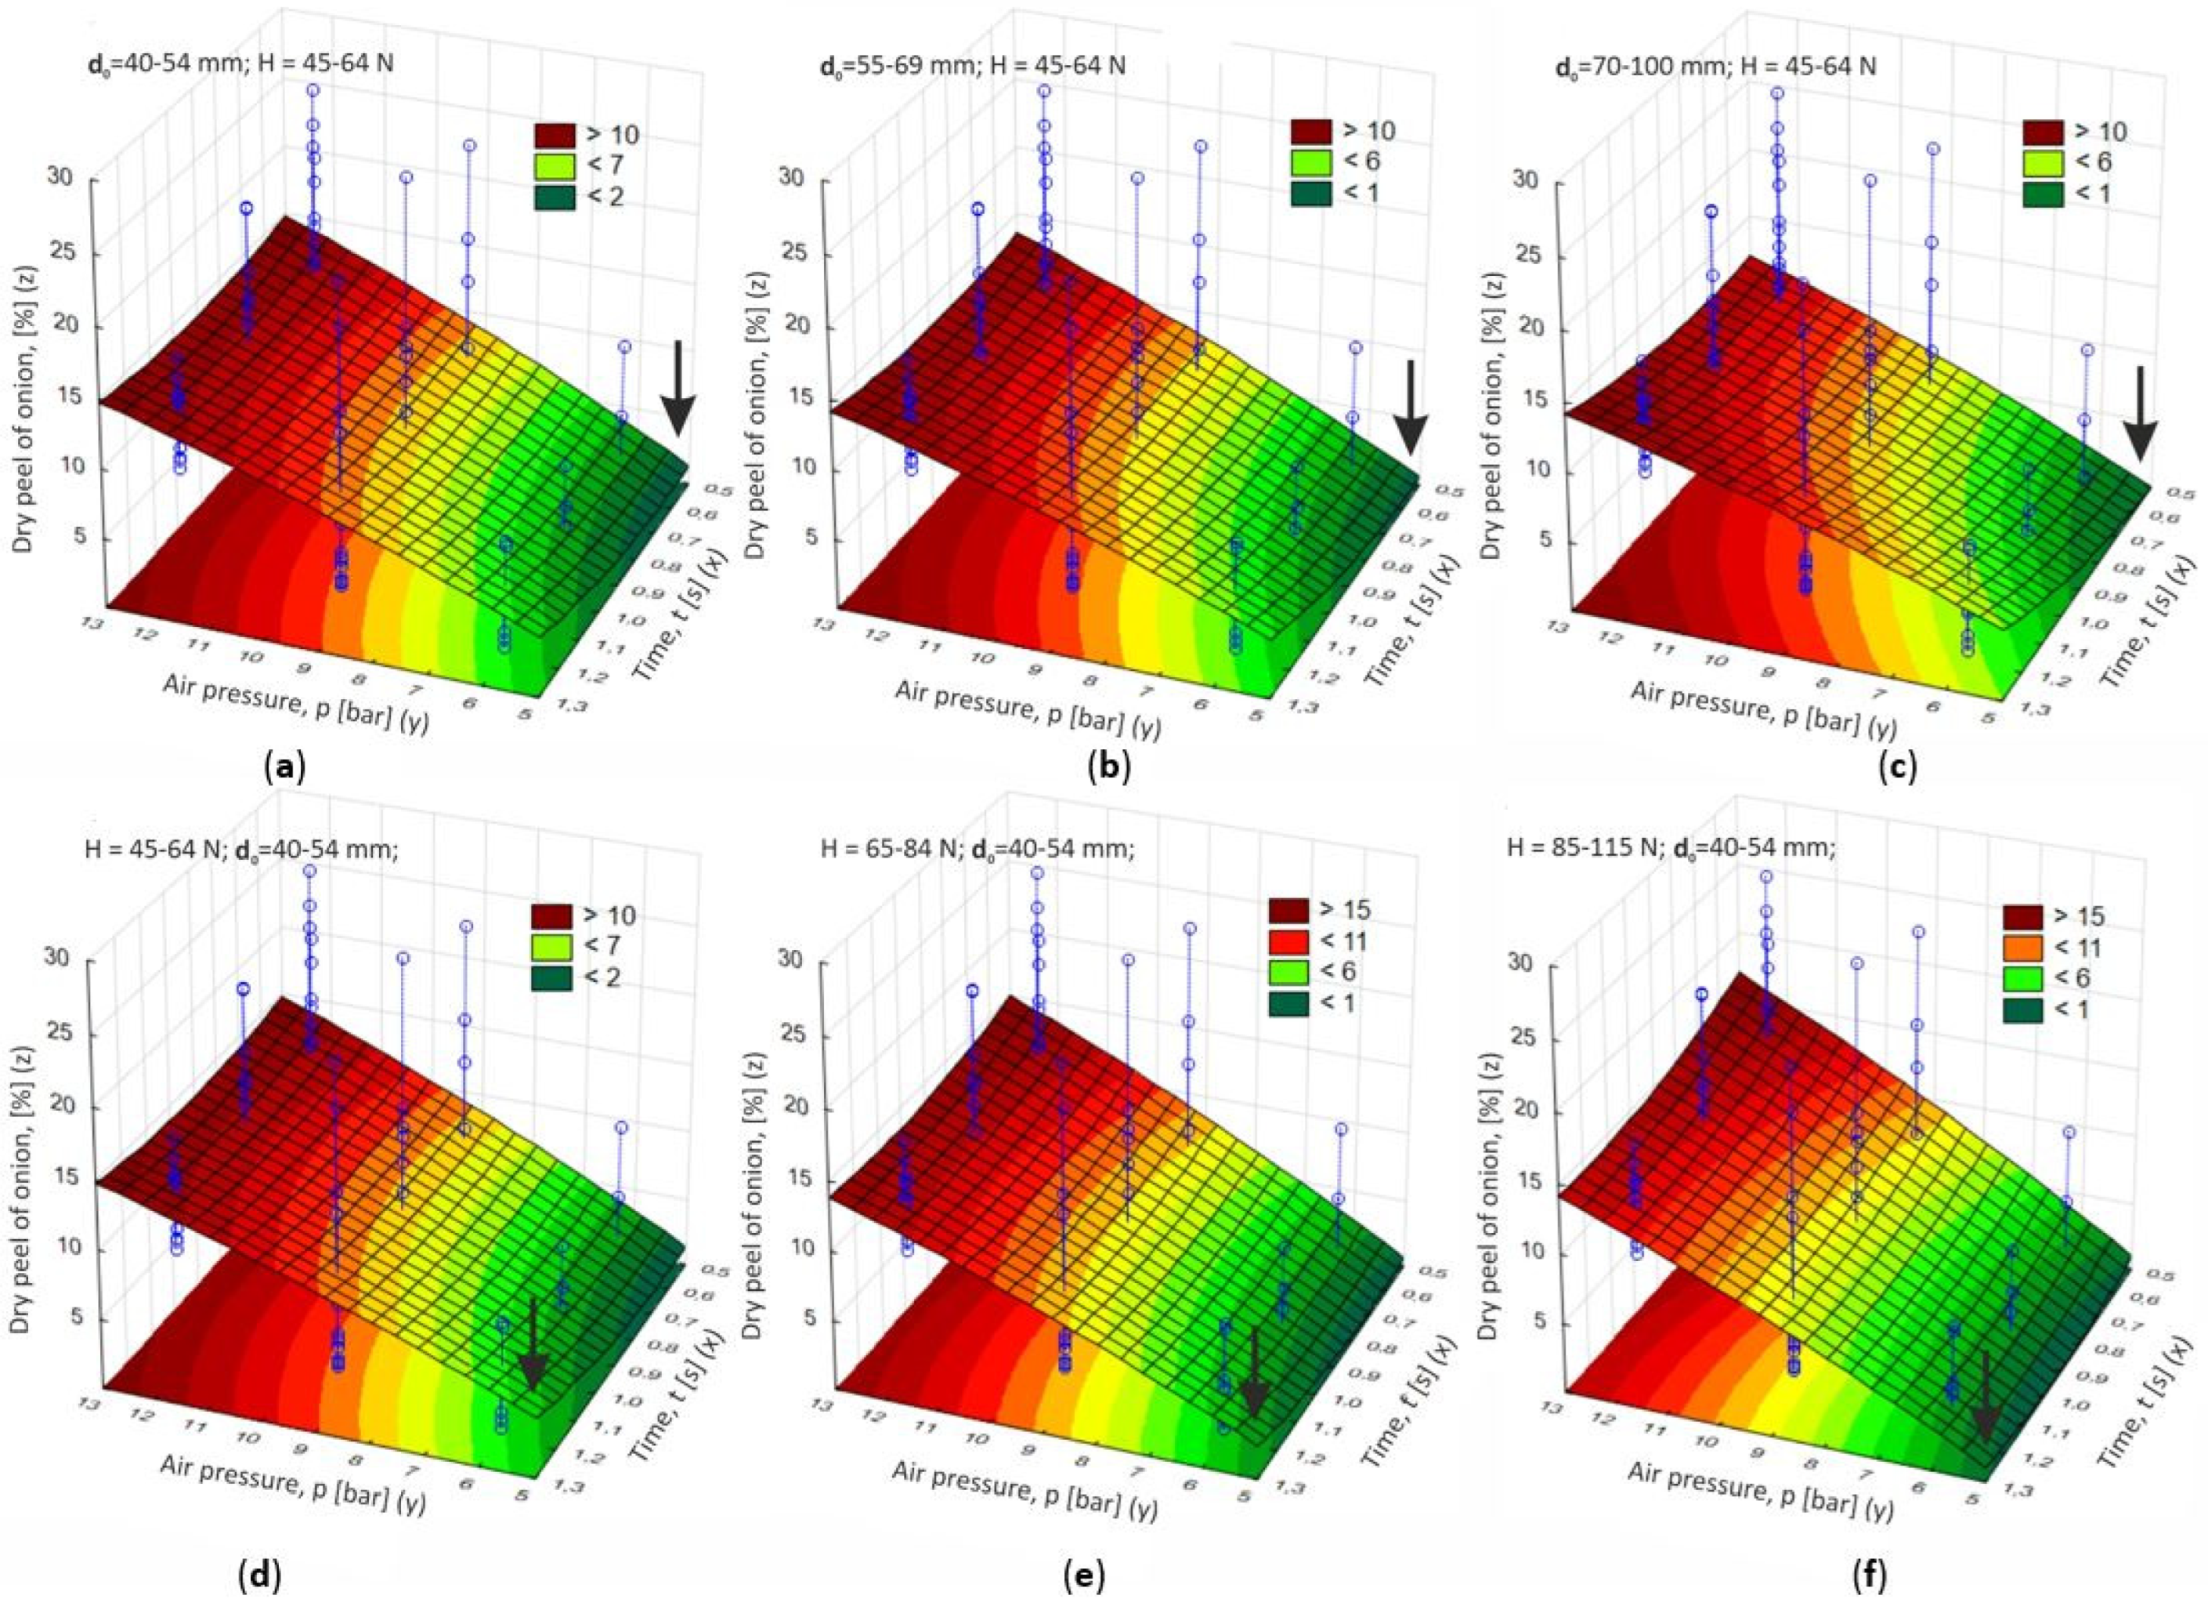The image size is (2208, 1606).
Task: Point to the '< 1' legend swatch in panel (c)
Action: pyautogui.click(x=2044, y=193)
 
